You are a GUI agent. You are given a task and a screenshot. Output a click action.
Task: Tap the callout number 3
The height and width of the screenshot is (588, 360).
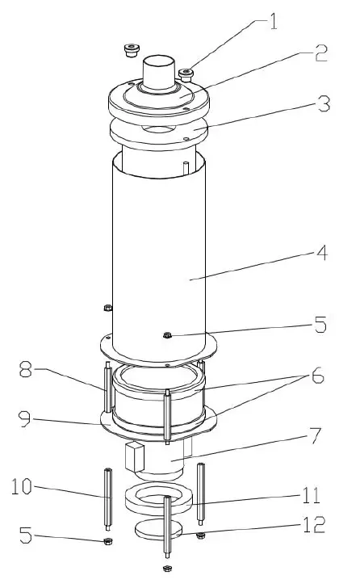click(x=322, y=105)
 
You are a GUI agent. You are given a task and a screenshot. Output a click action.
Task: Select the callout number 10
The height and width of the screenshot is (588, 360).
click(x=23, y=488)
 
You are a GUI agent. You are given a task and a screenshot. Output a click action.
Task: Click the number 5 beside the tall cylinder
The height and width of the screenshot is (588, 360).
click(x=320, y=326)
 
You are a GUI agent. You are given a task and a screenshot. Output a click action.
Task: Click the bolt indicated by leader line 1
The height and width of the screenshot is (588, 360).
click(x=187, y=76)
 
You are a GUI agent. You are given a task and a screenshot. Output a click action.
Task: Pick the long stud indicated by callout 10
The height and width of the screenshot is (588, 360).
click(x=107, y=497)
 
